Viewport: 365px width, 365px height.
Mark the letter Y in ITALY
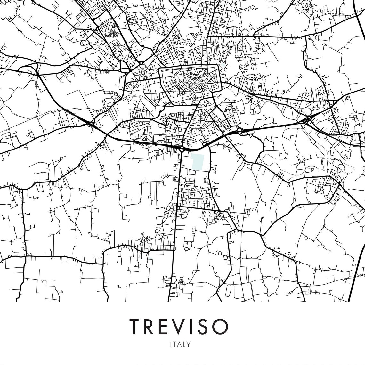(x=189, y=345)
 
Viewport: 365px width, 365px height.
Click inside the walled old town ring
(x=190, y=82)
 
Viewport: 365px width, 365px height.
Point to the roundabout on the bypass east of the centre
(x=239, y=131)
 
